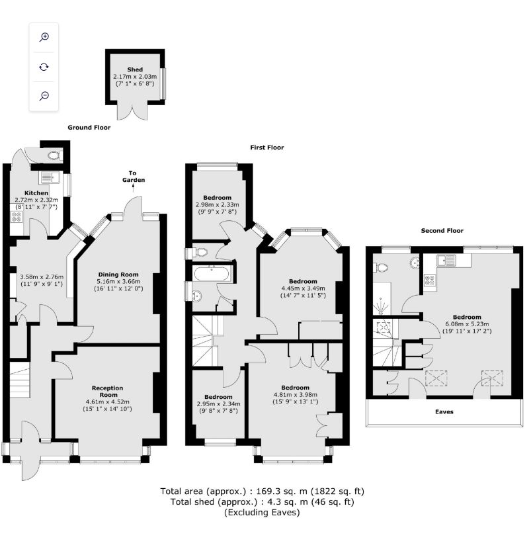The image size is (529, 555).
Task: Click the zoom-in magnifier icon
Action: pos(44,37)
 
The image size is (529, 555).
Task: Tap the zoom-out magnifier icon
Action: pos(44,95)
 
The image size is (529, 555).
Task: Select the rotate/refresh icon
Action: pos(44,67)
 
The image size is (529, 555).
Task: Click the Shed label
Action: pos(135,69)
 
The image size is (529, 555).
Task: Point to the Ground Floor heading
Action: pos(89,128)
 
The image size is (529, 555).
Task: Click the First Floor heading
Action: pos(266,148)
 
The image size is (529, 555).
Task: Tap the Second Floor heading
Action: pos(442,230)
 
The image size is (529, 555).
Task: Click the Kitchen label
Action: pos(36,193)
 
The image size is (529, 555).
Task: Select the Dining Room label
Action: pos(118,275)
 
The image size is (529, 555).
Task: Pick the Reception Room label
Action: pos(108,391)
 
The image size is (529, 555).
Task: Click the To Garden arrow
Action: pos(133,188)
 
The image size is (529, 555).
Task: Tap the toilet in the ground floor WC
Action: pos(55,155)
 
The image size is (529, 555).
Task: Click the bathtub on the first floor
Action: pos(212,274)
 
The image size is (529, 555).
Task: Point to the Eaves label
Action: pos(444,411)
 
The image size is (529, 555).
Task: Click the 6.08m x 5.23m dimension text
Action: pos(467,324)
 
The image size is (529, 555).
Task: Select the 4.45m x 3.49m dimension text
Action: pos(303,288)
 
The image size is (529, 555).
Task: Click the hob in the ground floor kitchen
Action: pos(17,216)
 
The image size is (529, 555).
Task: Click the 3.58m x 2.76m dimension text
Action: pos(42,277)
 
